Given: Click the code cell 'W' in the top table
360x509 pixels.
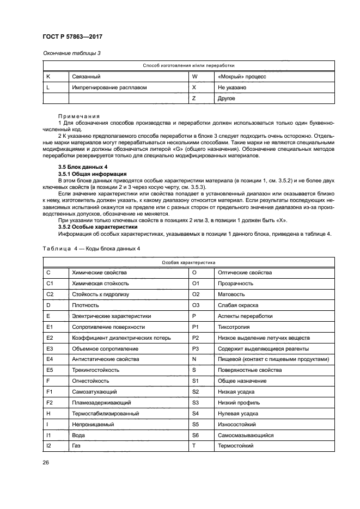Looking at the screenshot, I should coord(194,77).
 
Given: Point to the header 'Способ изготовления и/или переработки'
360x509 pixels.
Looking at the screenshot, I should coord(188,66).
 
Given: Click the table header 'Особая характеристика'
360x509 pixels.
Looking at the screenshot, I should coord(188,262).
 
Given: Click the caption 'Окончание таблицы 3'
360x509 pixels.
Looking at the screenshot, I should coord(71,53).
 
